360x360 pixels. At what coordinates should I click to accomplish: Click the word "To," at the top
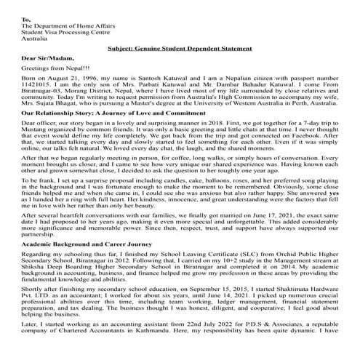27,20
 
